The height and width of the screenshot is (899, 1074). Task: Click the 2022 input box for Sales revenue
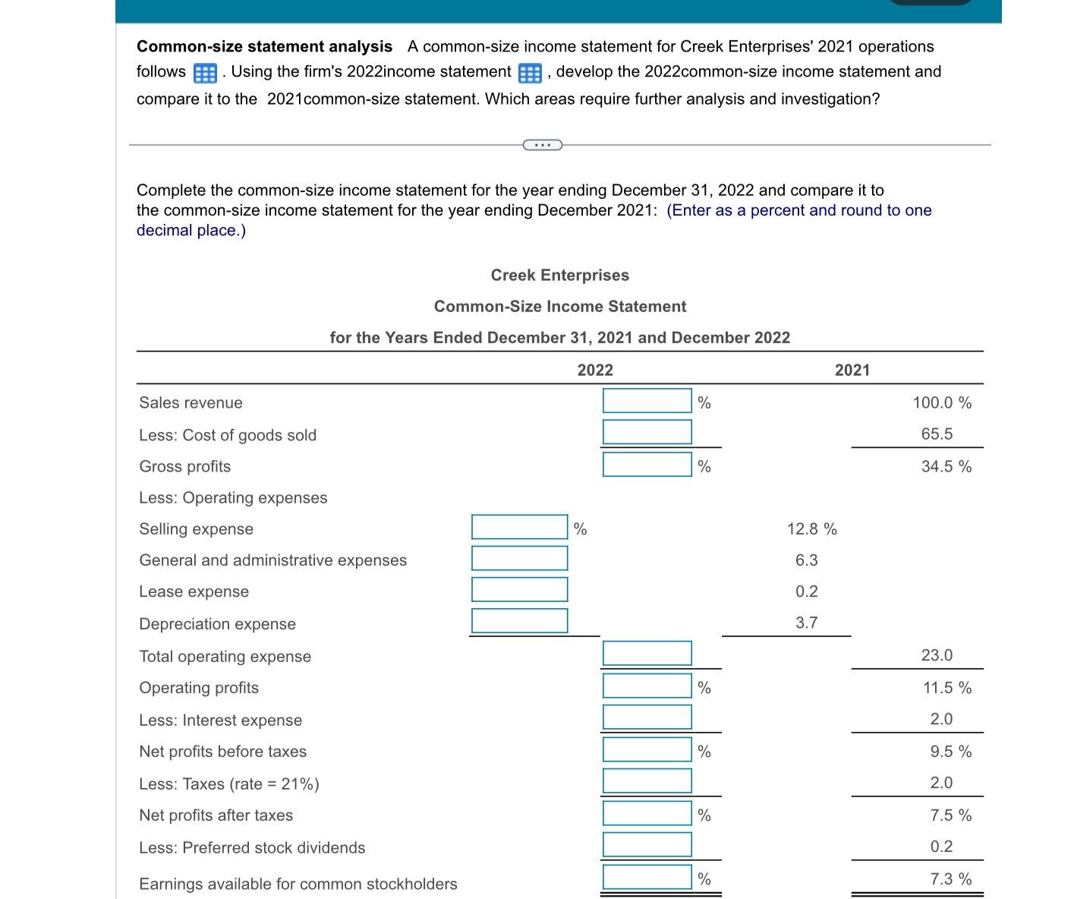pyautogui.click(x=647, y=401)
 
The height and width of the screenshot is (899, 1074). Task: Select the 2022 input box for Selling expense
pyautogui.click(x=519, y=527)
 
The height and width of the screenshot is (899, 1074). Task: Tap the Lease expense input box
pyautogui.click(x=519, y=589)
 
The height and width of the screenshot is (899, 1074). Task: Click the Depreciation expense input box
pyautogui.click(x=519, y=620)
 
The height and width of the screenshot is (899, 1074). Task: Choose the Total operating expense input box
pyautogui.click(x=647, y=653)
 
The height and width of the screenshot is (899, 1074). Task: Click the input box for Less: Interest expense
pyautogui.click(x=647, y=717)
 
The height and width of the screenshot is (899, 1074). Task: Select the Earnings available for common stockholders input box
pyautogui.click(x=647, y=877)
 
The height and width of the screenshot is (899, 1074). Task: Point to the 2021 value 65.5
pyautogui.click(x=937, y=434)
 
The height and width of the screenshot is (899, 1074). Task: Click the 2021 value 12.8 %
pyautogui.click(x=811, y=529)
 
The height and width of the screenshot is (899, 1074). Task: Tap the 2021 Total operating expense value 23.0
pyautogui.click(x=937, y=655)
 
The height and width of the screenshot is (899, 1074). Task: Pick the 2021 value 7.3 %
pyautogui.click(x=950, y=879)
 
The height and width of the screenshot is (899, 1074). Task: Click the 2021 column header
pyautogui.click(x=852, y=370)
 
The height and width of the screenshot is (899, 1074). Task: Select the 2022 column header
pyautogui.click(x=595, y=370)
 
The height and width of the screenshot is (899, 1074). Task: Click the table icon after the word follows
pyautogui.click(x=205, y=73)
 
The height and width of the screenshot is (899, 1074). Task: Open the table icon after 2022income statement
pyautogui.click(x=530, y=73)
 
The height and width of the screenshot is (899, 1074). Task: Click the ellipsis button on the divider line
pyautogui.click(x=542, y=144)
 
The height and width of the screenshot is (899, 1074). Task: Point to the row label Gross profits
pyautogui.click(x=185, y=467)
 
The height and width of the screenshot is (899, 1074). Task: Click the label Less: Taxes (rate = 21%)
pyautogui.click(x=229, y=784)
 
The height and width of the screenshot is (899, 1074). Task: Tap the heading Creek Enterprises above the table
pyautogui.click(x=559, y=275)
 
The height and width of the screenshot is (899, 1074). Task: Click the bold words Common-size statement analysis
pyautogui.click(x=264, y=47)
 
